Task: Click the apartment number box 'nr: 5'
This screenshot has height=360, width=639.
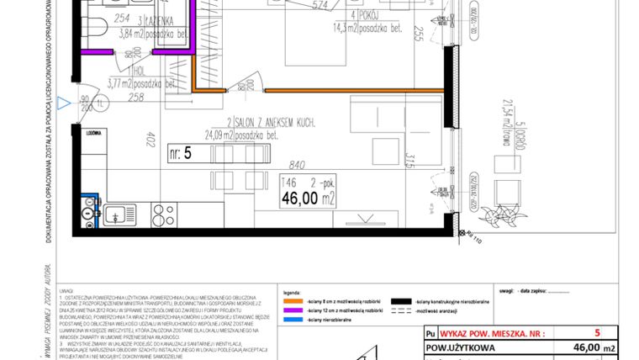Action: pos(181,152)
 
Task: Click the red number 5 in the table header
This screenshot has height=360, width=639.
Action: pos(596,333)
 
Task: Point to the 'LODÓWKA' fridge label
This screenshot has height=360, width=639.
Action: pos(93,132)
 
